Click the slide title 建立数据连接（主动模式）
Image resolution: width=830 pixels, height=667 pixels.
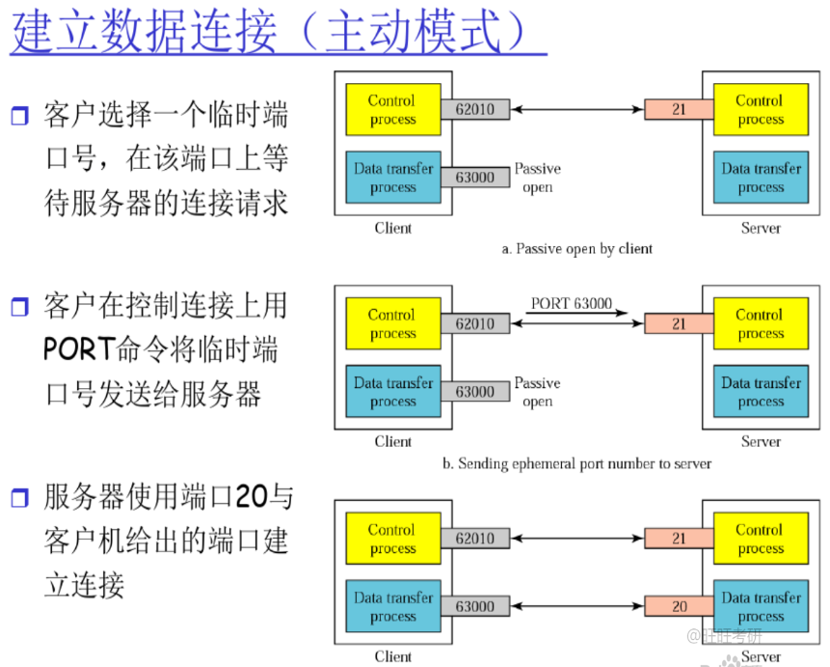click(268, 31)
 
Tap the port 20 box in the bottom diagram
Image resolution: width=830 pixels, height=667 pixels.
click(680, 606)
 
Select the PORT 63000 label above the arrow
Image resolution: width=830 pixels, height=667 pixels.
click(571, 303)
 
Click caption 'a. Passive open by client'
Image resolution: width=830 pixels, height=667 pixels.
click(577, 249)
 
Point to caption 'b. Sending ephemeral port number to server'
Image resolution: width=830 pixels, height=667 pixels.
click(577, 463)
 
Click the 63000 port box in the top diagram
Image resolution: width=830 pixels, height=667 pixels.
click(475, 177)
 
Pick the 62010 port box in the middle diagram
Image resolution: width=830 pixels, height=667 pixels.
click(475, 323)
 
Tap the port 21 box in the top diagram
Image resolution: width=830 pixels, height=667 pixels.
click(680, 109)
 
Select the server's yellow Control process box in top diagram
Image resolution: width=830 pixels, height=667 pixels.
click(761, 109)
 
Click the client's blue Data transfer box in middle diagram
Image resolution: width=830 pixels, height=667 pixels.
click(393, 391)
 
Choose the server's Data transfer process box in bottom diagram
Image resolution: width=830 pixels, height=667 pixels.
click(761, 606)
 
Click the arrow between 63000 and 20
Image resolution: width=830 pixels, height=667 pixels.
click(577, 606)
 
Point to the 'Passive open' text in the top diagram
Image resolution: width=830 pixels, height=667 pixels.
click(537, 178)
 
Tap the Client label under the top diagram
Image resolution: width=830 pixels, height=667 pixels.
click(392, 228)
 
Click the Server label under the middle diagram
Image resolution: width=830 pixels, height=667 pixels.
click(761, 441)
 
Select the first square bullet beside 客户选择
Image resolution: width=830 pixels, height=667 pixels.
click(19, 115)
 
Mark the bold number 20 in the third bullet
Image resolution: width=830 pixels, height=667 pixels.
click(251, 497)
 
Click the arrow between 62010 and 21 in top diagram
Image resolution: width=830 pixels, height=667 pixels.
click(577, 109)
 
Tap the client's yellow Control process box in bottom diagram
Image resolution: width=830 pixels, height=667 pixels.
click(393, 539)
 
